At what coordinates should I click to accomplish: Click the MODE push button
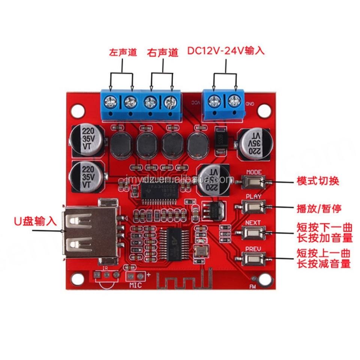tap(254, 182)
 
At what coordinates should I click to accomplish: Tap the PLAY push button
tap(254, 207)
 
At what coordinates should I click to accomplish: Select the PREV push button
tap(254, 258)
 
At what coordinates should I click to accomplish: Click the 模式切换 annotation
tap(318, 181)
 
